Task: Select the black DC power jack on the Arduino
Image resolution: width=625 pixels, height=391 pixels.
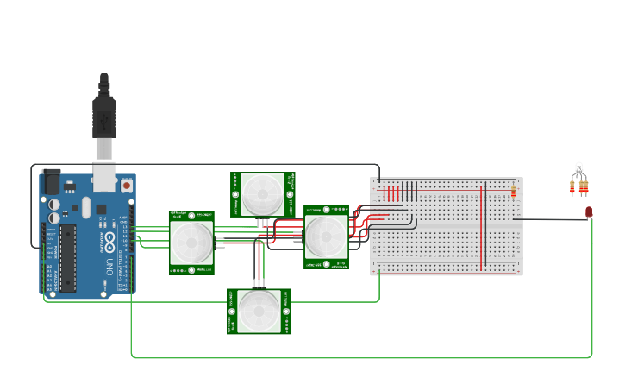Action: [51, 181]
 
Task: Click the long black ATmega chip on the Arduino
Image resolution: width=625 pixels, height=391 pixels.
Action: [67, 257]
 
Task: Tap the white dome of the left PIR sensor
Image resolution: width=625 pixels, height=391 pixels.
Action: [191, 243]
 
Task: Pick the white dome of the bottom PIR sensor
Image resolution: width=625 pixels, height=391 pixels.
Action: [259, 311]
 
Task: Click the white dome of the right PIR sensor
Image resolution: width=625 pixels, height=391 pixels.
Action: [326, 236]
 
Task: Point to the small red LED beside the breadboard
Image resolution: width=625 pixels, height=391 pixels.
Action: [589, 211]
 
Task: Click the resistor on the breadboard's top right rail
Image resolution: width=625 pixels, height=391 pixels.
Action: [513, 191]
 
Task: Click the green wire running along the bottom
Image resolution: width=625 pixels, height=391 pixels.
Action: [362, 356]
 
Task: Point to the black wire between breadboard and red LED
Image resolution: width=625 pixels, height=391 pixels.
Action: [552, 219]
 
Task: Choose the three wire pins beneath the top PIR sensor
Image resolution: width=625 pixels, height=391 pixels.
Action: [263, 223]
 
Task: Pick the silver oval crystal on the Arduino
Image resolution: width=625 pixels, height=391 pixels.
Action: [86, 207]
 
